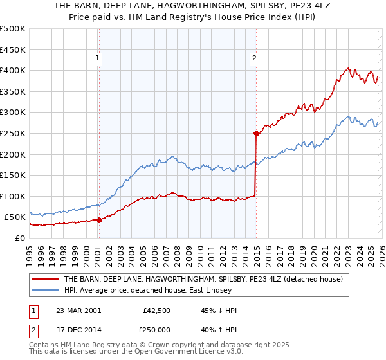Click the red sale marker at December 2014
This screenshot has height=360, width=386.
point(256,134)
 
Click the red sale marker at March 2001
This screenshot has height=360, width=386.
point(100,220)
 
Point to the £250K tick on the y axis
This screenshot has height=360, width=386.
point(13,133)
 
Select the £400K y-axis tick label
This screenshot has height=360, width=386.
point(13,71)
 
